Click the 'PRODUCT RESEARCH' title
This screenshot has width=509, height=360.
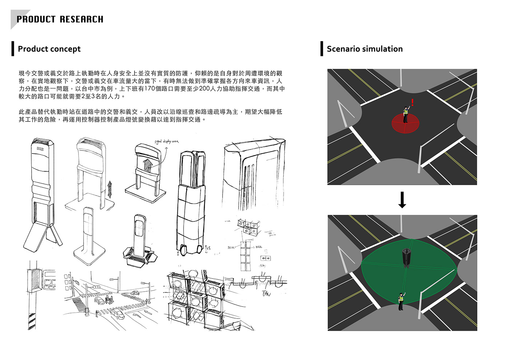tap(60, 19)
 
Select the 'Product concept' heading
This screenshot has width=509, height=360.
tap(49, 49)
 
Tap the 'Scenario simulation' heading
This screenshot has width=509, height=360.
tap(365, 49)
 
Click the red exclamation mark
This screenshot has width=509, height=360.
tap(412, 102)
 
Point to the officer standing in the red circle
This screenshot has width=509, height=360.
tap(406, 114)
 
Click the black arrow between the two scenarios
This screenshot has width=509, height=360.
tap(402, 200)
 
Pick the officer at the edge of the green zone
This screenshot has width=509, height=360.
tap(401, 301)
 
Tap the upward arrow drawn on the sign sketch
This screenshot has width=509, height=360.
tap(147, 165)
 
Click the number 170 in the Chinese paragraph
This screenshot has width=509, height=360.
tap(150, 89)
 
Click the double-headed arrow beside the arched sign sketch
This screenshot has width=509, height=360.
tap(109, 189)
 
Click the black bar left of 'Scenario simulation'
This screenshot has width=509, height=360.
tap(322, 49)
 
